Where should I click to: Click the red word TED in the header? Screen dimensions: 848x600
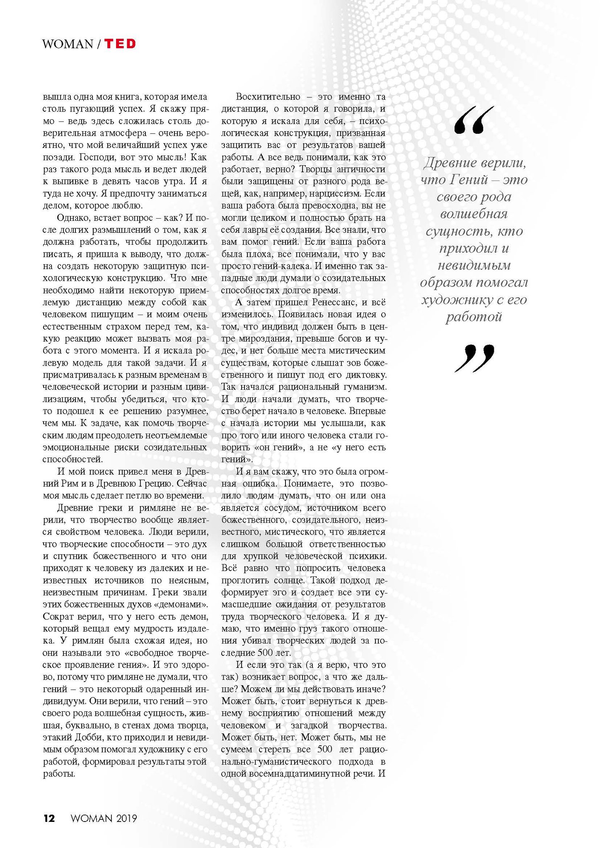[x=120, y=44]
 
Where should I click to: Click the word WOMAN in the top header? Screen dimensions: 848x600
[x=68, y=44]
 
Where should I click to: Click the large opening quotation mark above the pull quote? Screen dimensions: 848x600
[x=474, y=120]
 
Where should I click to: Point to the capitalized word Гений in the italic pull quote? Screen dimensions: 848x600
[x=470, y=180]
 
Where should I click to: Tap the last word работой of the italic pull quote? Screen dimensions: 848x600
[x=474, y=317]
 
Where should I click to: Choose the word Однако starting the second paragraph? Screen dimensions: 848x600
[x=71, y=218]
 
